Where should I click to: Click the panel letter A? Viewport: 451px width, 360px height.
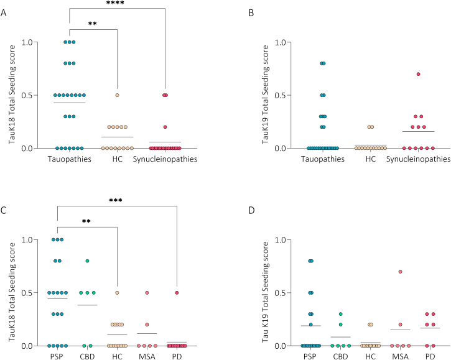(4, 7)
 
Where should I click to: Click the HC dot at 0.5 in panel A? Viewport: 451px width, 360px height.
(116, 95)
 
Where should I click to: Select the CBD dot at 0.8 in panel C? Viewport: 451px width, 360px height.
(88, 261)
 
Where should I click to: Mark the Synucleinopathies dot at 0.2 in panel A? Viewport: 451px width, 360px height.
(165, 127)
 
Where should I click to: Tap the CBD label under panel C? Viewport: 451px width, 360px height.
(88, 358)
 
